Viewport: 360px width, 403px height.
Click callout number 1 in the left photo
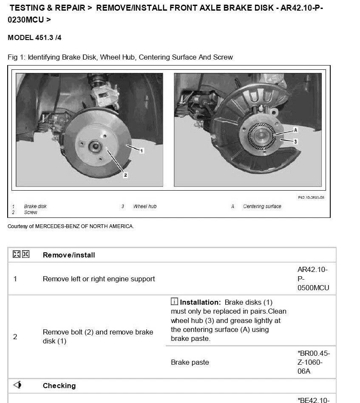tap(142, 151)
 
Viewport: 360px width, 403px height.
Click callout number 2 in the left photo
tap(125, 175)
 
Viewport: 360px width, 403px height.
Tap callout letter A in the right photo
tap(295, 130)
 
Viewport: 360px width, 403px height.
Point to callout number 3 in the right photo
tap(295, 141)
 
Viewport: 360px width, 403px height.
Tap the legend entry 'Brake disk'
tap(35, 206)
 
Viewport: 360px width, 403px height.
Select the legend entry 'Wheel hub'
tap(145, 206)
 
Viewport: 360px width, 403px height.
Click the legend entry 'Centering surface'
tap(262, 206)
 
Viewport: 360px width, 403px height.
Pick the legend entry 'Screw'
tap(31, 212)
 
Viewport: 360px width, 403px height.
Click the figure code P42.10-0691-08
tap(311, 197)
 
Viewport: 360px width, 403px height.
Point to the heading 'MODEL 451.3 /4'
tap(34, 38)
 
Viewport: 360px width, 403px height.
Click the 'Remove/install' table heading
tap(69, 255)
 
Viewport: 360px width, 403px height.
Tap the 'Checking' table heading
tap(59, 386)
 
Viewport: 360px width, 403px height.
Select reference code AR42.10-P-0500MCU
tap(313, 279)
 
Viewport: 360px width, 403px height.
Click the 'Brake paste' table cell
tap(190, 363)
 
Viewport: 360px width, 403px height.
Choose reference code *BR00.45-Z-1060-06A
tap(314, 362)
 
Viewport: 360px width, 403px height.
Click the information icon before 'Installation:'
tap(174, 302)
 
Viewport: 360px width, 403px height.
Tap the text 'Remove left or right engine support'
tap(99, 279)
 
